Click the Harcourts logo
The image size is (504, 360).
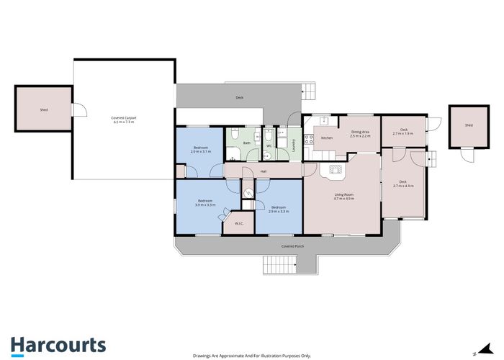tap(58, 344)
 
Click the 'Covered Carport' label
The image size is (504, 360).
tap(124, 119)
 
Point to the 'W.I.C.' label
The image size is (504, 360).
tap(238, 223)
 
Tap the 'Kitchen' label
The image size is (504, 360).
tap(326, 138)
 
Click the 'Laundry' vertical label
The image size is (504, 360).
tap(294, 143)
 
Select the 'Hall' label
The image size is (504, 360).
tap(264, 171)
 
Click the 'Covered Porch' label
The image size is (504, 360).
tap(291, 246)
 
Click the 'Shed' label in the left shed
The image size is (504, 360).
tap(43, 109)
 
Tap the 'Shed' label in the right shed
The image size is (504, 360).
tap(469, 125)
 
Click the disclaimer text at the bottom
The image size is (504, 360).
tap(251, 355)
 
